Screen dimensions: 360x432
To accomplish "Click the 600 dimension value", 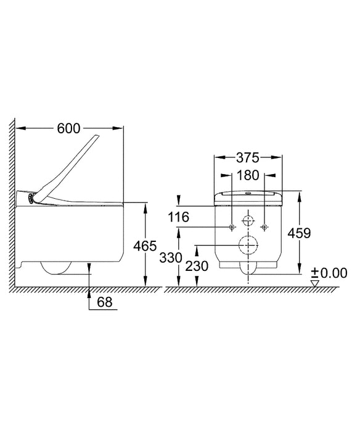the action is click(69, 128).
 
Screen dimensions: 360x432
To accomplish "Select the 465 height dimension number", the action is click(145, 246).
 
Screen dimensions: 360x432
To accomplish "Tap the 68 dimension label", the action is click(105, 302).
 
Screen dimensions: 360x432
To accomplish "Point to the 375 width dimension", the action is click(248, 158).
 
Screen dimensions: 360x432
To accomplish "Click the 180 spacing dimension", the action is click(248, 175).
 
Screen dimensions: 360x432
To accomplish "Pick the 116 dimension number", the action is click(179, 217).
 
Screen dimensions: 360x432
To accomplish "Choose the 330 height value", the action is click(171, 258).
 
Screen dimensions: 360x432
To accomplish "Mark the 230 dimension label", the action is click(197, 267).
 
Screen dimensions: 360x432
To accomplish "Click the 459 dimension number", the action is click(299, 234).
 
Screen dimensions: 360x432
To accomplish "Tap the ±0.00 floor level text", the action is click(329, 273).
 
